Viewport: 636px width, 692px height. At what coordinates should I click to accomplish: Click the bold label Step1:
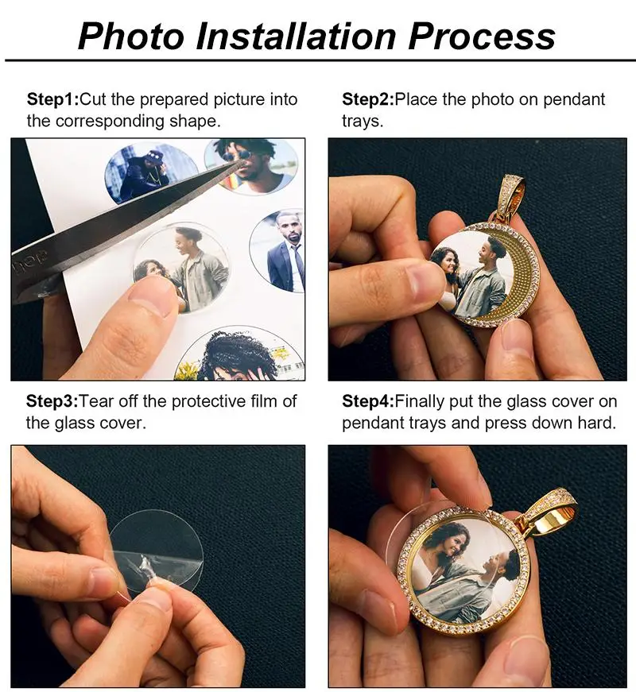(52, 100)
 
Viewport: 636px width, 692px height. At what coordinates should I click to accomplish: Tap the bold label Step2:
(368, 100)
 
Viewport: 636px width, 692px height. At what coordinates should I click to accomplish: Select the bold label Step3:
(52, 400)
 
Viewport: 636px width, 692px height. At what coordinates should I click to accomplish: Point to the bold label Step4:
(368, 400)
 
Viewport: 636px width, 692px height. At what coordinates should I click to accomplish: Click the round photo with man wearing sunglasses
(253, 165)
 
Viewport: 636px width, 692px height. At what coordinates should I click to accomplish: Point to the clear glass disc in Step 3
(159, 548)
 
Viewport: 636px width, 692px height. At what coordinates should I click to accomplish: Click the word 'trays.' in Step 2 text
(363, 122)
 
